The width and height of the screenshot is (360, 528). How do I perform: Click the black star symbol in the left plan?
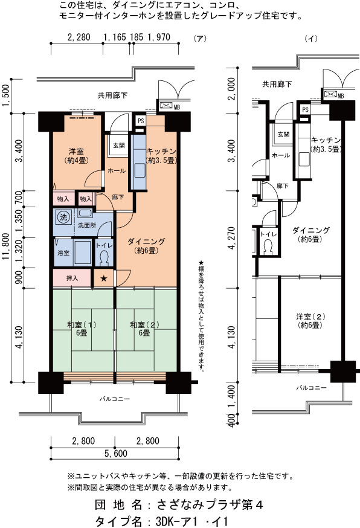pos(104,278)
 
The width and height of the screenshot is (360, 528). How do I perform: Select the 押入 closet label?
pos(72,278)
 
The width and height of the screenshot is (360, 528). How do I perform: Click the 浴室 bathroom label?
pos(63,253)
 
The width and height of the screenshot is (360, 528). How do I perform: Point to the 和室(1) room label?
pos(82,325)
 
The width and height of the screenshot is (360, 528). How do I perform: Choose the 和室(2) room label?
pos(145,325)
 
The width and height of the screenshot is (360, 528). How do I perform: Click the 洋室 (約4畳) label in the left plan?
pos(77,156)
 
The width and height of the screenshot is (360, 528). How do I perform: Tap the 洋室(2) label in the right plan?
pos(310,321)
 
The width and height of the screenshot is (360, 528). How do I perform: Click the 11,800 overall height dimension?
pos(5,246)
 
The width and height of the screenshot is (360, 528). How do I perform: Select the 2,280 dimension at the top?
pos(79,37)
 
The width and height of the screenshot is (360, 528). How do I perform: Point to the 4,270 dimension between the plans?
pos(231,238)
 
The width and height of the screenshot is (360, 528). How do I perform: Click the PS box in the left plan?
pos(141,121)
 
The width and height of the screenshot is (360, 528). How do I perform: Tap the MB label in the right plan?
pos(341,96)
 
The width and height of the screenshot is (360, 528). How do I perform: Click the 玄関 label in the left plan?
pos(118,146)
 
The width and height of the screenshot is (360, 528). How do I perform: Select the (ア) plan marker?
pos(200,39)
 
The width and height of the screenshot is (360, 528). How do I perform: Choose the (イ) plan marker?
pos(311,39)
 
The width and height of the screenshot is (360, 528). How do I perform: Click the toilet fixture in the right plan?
pos(269,247)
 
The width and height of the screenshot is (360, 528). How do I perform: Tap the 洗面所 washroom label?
pos(87,225)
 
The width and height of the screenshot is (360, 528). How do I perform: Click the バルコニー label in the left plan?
pos(115,399)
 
